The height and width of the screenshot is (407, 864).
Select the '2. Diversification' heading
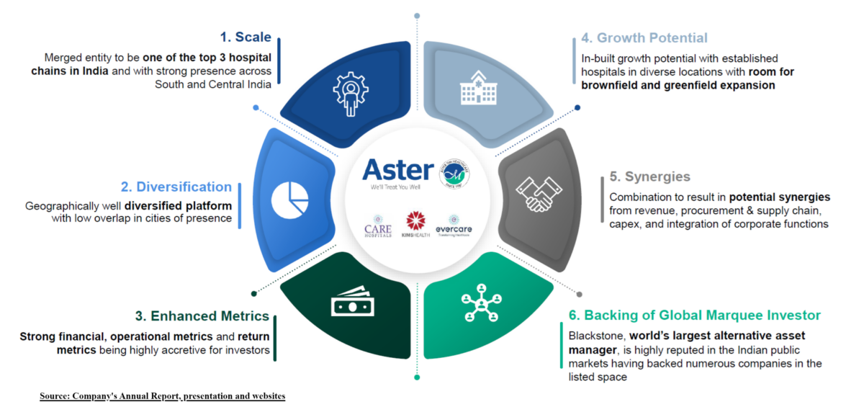[x=176, y=187]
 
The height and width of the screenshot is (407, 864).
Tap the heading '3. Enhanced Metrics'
[x=202, y=316]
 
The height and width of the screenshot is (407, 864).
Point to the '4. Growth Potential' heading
[x=644, y=38]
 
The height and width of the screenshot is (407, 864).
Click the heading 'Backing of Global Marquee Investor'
[x=702, y=316]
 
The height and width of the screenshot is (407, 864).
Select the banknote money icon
[x=353, y=305]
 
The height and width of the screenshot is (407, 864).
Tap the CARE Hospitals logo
[x=378, y=225]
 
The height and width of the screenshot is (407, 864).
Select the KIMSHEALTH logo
[x=416, y=225]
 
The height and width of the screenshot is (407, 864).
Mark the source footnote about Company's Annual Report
[x=162, y=396]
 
